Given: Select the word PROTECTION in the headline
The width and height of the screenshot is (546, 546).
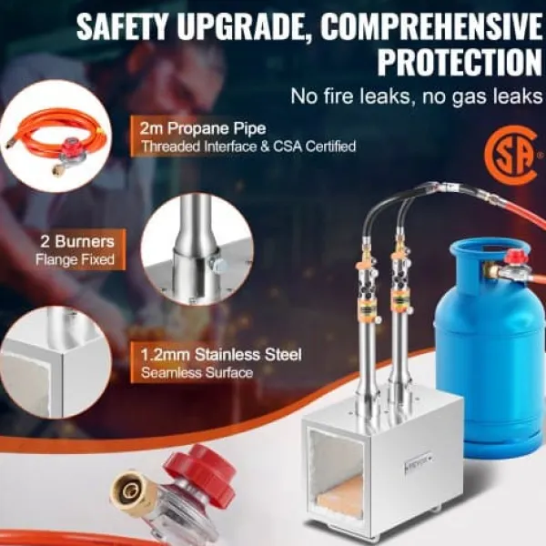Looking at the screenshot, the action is [x=460, y=62].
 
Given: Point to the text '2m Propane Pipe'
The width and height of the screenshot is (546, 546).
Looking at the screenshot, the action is [x=203, y=128].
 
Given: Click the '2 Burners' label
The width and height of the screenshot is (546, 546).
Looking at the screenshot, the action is [x=77, y=241].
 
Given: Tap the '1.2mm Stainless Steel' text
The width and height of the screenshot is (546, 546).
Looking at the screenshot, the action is [x=221, y=355].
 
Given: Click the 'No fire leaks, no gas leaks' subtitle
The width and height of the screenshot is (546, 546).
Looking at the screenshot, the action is [x=417, y=96].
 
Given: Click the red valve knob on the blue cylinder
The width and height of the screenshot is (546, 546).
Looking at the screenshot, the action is [x=515, y=257].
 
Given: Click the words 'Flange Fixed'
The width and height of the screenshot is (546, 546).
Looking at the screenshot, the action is [x=76, y=259].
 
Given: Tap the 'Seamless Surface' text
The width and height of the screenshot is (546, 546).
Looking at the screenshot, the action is [x=197, y=373].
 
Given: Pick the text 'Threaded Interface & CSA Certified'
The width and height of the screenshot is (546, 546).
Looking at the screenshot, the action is [x=248, y=147].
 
